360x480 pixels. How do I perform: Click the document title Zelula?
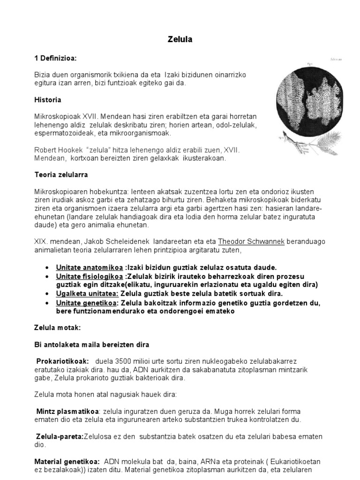(x=180, y=40)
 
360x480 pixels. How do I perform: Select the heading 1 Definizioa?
(x=55, y=58)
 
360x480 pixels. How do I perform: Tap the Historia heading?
(x=47, y=100)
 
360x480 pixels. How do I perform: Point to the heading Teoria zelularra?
(x=61, y=175)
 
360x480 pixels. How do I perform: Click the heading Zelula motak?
(x=55, y=328)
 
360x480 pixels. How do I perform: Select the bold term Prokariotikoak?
(x=60, y=361)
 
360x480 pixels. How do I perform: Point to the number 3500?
(x=122, y=361)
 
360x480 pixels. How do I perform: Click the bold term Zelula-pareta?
(x=60, y=436)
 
